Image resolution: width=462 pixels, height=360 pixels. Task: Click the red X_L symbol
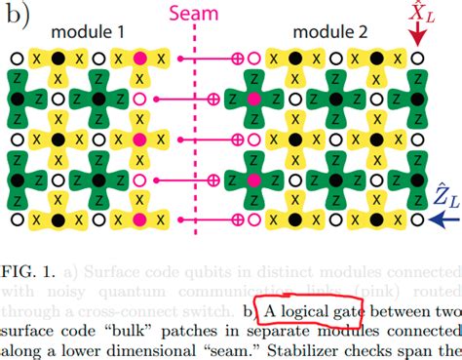pyautogui.click(x=418, y=14)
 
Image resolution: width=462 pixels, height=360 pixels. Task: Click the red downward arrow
pyautogui.click(x=418, y=37)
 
